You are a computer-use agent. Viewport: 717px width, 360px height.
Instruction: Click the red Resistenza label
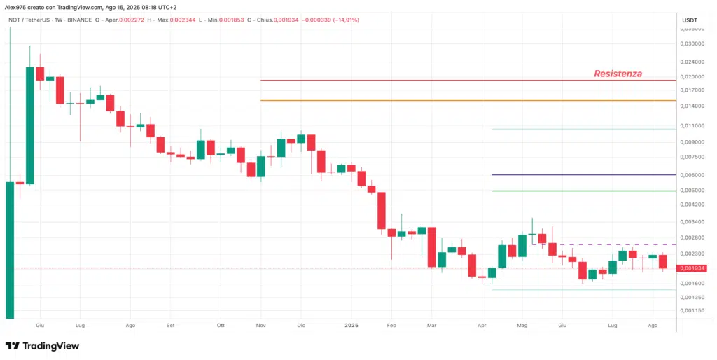tap(618, 74)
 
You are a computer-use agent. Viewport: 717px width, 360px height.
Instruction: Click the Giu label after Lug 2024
tap(561, 326)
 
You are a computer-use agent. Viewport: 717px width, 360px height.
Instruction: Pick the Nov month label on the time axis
tap(261, 326)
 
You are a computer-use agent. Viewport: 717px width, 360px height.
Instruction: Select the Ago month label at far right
tap(653, 326)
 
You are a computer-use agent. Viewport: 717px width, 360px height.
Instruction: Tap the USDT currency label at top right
tap(690, 20)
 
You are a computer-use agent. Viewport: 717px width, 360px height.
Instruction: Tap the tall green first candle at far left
tap(10, 249)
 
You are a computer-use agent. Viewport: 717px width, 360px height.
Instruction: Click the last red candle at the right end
tap(662, 262)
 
